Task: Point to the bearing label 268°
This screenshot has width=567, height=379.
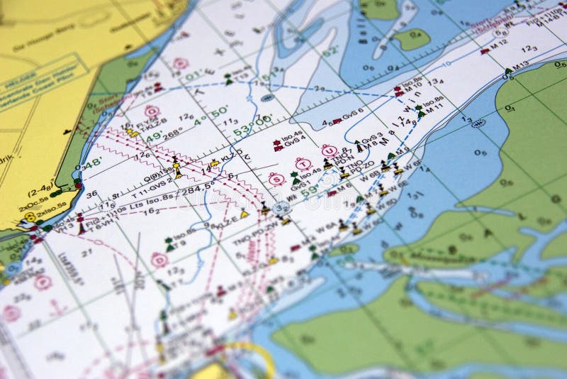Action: point(172,134)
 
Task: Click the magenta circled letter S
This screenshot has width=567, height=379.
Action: point(276,179)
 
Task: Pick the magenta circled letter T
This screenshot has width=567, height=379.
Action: point(303,164)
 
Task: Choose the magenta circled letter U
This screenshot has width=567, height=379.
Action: point(329,151)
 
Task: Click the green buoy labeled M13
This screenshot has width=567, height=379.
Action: point(508,70)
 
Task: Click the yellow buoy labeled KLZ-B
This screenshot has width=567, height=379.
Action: point(133,132)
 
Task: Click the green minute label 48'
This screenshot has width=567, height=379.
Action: point(92,163)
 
